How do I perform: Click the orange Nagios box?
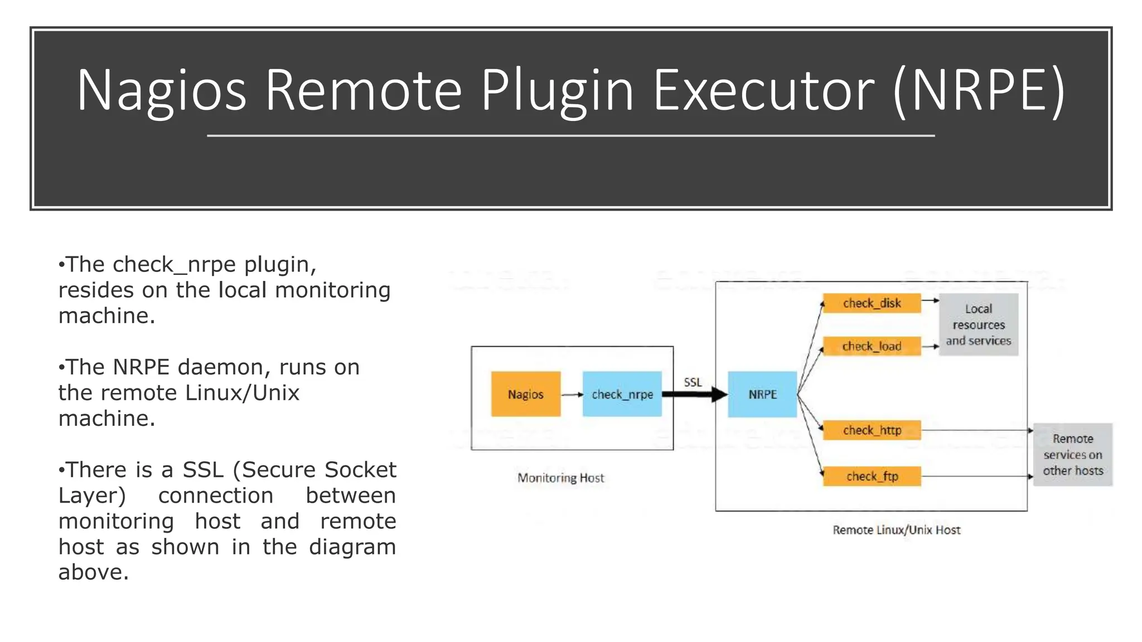525,394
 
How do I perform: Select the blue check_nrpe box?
622,394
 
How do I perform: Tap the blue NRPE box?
762,394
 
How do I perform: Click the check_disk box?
872,303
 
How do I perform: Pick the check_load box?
872,346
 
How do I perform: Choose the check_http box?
872,430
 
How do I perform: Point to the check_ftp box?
872,476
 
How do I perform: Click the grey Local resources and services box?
979,324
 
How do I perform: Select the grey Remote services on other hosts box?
1073,455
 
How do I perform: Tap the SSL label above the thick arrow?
693,382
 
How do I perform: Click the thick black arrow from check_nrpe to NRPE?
694,395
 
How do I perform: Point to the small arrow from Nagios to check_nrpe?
572,395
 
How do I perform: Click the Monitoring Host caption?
560,478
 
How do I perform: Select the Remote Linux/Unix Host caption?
896,530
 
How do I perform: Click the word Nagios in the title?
161,90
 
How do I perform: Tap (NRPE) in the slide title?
979,90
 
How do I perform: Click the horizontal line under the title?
570,135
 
